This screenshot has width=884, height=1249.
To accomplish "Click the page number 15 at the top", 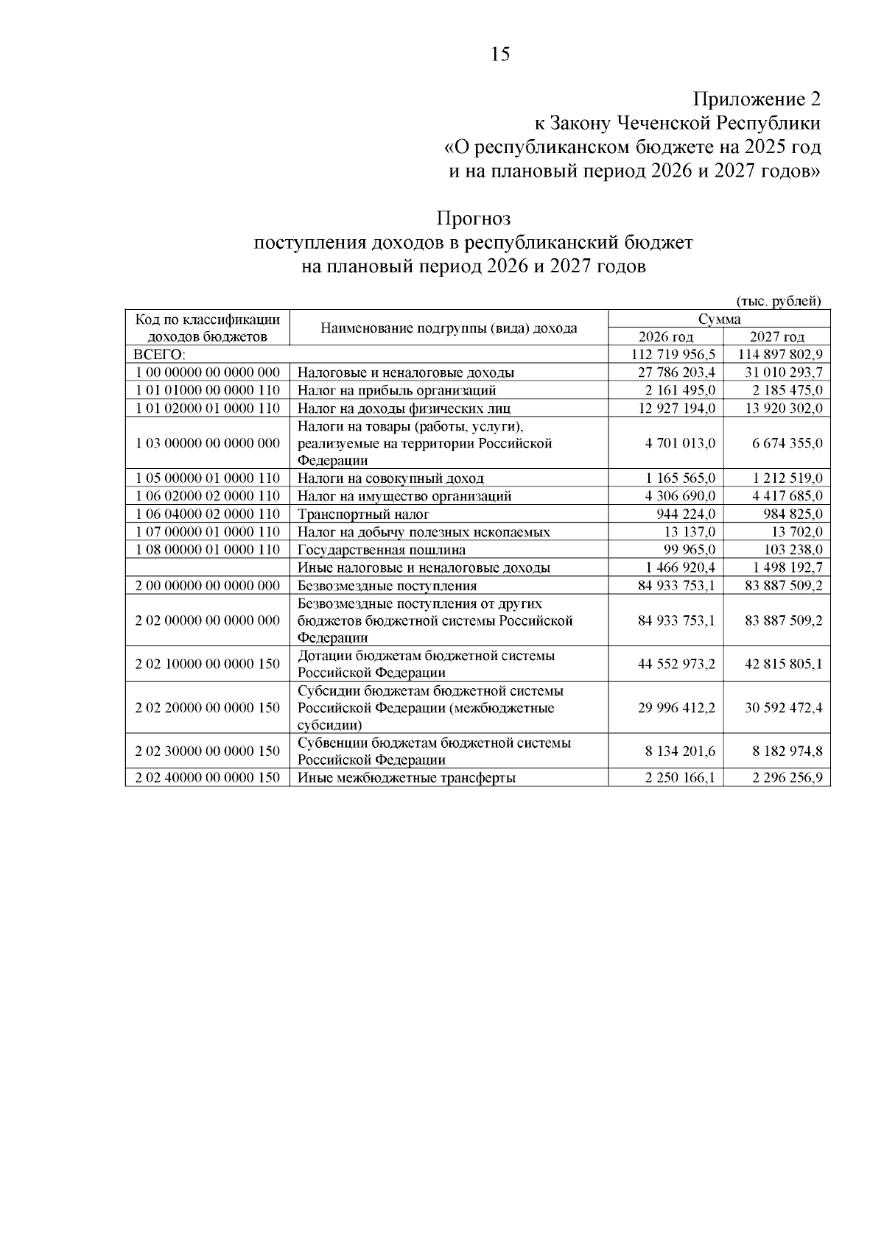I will [499, 54].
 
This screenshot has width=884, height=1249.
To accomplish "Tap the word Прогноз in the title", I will [473, 219].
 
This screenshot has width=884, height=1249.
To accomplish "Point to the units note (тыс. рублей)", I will [779, 300].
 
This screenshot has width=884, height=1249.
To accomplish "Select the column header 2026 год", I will [665, 337].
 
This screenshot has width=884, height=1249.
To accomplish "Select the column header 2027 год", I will [776, 337].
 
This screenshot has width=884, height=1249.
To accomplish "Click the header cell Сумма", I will [720, 319].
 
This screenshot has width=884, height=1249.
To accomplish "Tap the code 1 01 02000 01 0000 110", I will [208, 408].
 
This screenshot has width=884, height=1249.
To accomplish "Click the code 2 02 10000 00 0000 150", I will [208, 664].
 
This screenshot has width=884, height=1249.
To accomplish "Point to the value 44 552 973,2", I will [676, 664].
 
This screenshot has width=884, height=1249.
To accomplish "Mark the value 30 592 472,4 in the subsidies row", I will [784, 707].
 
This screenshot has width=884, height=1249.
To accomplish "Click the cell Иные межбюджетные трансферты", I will [406, 777].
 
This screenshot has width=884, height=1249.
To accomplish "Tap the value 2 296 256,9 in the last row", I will [787, 777].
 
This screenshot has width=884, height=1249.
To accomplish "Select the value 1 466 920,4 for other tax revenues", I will [679, 567].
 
